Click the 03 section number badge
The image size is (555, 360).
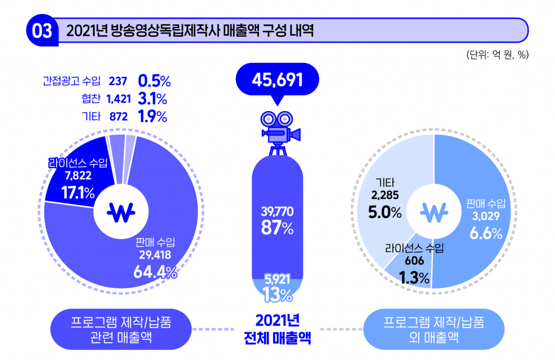42,31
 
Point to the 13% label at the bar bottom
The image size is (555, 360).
277,294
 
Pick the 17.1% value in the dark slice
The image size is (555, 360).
78,192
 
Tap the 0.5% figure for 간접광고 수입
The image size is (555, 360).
154,81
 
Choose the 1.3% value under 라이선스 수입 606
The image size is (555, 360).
414,278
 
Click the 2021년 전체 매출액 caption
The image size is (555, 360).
277,329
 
